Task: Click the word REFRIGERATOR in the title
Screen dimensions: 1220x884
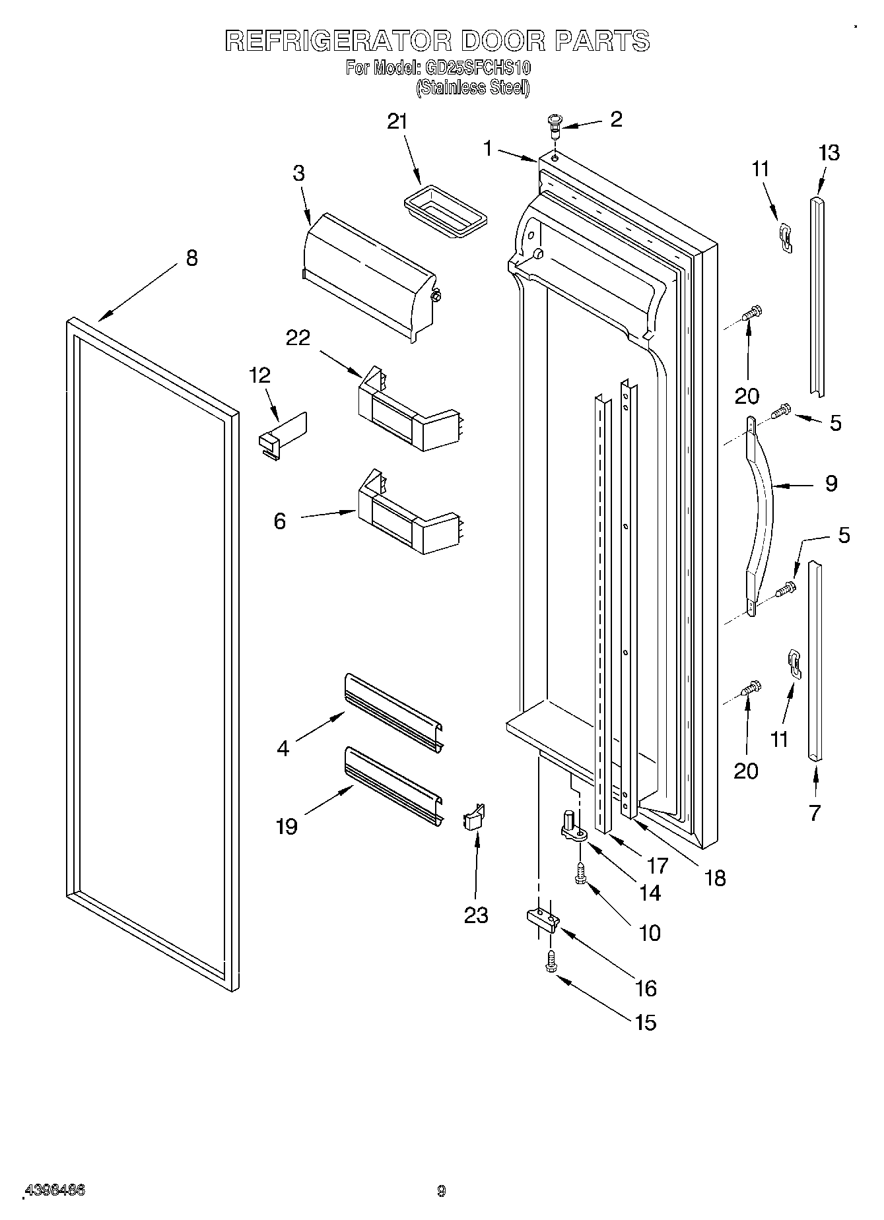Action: (337, 41)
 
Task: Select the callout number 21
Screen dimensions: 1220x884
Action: (397, 121)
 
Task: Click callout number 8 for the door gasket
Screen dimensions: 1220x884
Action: (191, 258)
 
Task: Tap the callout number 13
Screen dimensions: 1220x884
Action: (829, 152)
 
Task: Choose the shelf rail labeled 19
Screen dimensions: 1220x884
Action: (393, 786)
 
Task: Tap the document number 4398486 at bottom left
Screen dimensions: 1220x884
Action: (54, 1190)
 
